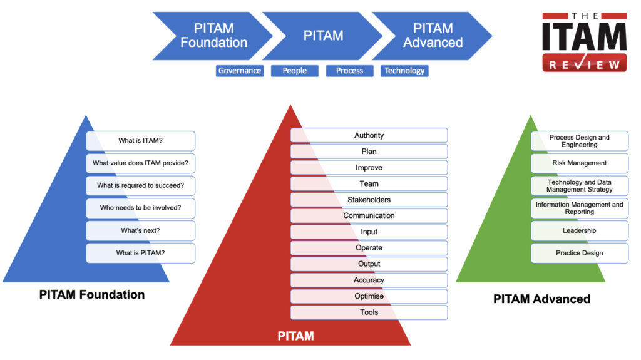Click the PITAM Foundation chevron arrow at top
210,36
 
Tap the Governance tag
239,71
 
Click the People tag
294,71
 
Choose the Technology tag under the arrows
404,71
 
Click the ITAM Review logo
584,43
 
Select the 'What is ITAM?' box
140,141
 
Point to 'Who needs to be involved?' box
140,208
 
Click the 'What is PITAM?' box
140,253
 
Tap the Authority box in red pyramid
369,135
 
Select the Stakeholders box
369,200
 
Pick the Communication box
369,216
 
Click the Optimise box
369,296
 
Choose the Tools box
369,312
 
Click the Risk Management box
579,163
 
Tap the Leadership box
579,231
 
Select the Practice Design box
579,253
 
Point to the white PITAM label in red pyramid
295,337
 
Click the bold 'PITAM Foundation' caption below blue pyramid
92,294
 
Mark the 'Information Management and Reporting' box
579,208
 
